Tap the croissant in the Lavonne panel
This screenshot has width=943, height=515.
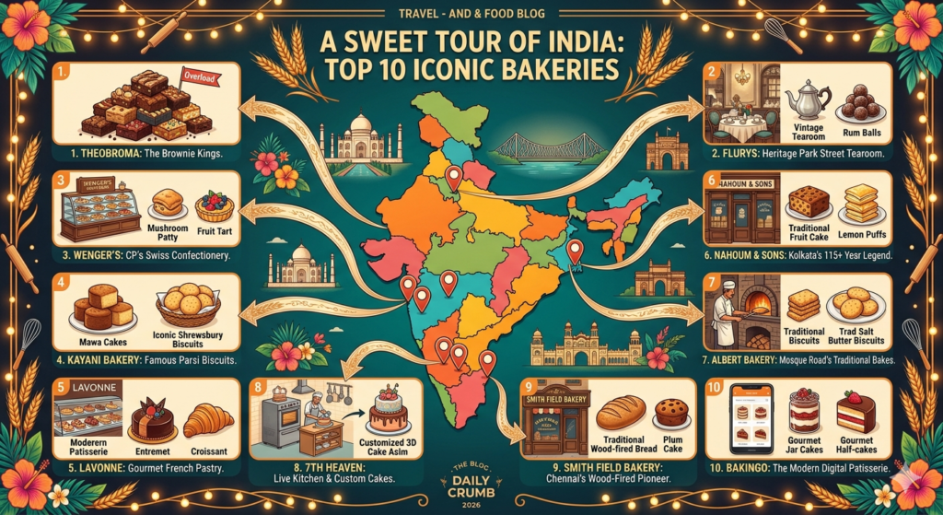[x=207, y=421]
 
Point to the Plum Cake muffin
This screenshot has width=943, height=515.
[x=671, y=411]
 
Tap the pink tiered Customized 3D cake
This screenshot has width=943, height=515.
[x=390, y=411]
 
